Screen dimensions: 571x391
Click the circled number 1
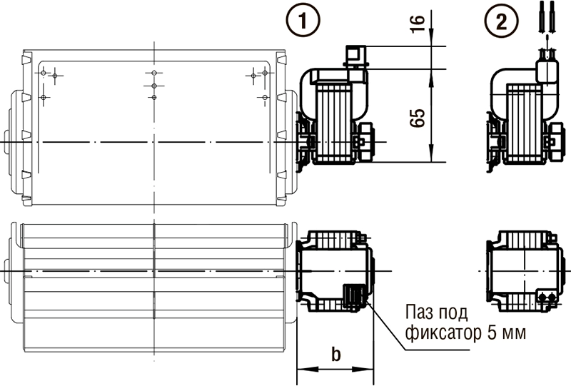(x=303, y=21)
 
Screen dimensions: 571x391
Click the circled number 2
(x=502, y=21)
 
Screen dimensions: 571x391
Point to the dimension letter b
(x=335, y=354)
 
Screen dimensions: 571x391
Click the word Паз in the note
(x=420, y=313)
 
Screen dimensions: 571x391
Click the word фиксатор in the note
(x=443, y=332)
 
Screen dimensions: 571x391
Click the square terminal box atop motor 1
(x=355, y=56)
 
